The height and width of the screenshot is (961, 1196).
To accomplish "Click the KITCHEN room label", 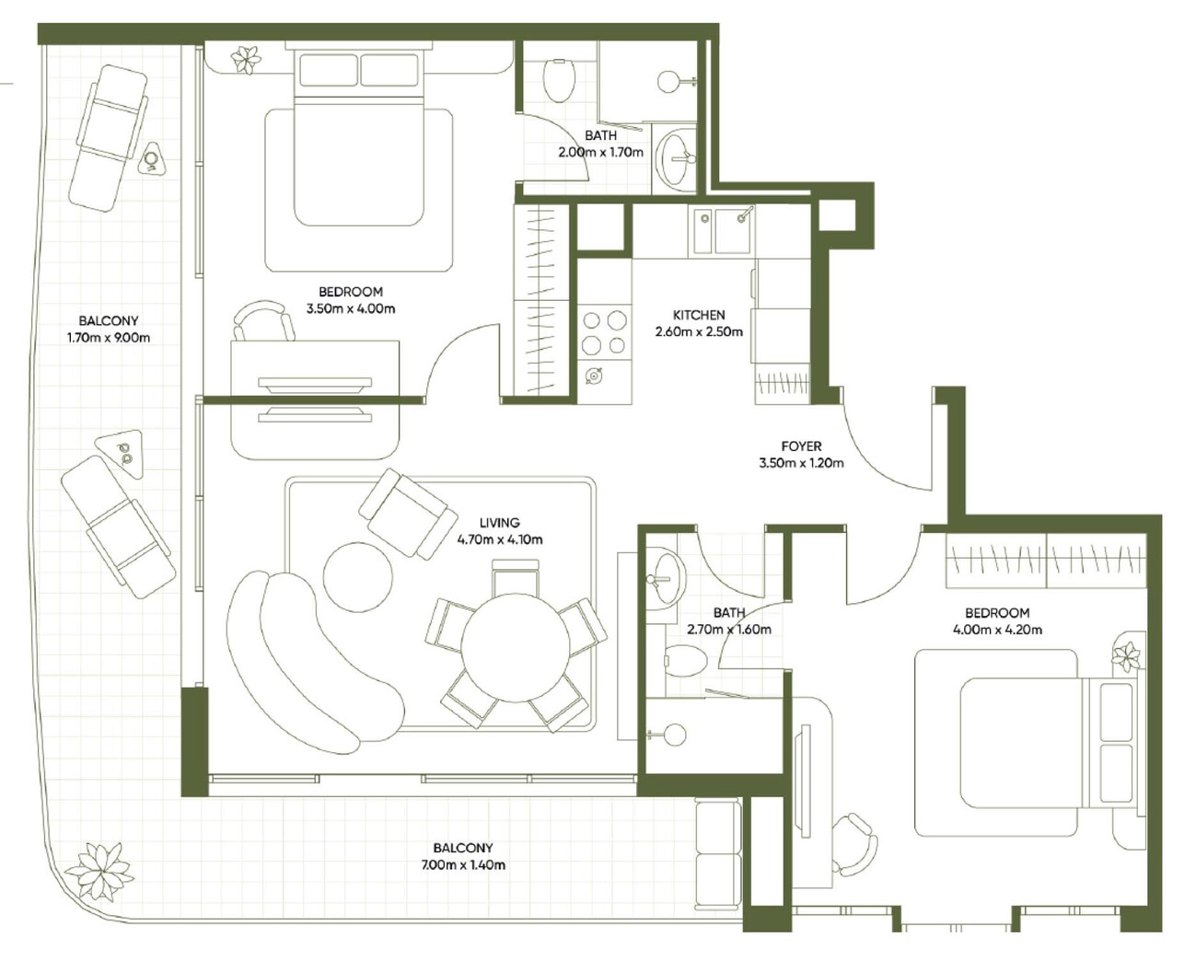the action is [699, 315].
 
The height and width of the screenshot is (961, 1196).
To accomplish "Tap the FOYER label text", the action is [801, 446].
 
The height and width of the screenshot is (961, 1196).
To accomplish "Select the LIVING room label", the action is [500, 523].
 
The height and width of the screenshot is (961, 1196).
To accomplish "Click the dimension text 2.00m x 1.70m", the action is [601, 152].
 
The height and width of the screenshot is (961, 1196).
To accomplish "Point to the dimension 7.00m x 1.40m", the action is [463, 865].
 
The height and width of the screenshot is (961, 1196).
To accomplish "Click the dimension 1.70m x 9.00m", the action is [109, 338].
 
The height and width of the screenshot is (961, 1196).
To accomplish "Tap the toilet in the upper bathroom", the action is [557, 81].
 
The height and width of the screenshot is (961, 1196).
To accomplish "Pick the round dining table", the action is [515, 648].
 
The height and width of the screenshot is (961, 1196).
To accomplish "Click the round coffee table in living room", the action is [358, 576].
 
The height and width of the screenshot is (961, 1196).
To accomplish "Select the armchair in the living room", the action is [408, 513].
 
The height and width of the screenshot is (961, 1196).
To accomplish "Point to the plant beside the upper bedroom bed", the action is [246, 60].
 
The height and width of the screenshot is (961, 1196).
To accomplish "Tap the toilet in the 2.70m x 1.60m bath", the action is [685, 661].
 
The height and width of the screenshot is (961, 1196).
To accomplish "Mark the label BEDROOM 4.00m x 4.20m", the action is [997, 621].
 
